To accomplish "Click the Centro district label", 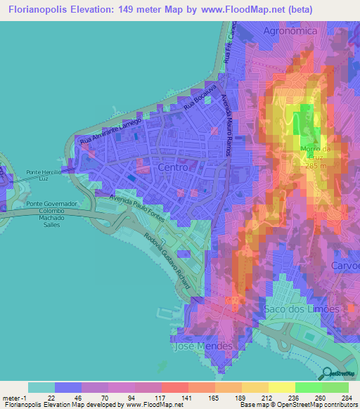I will pos(173,169).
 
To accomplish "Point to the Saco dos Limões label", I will pos(302,309).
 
